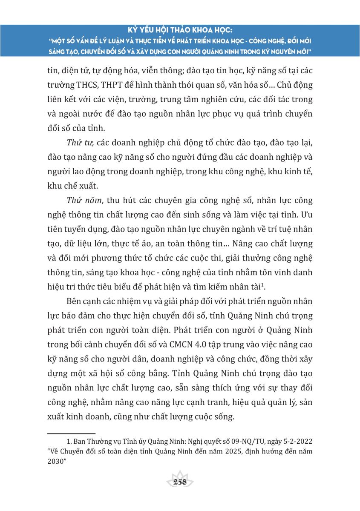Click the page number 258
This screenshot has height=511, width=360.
[x=179, y=482]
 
